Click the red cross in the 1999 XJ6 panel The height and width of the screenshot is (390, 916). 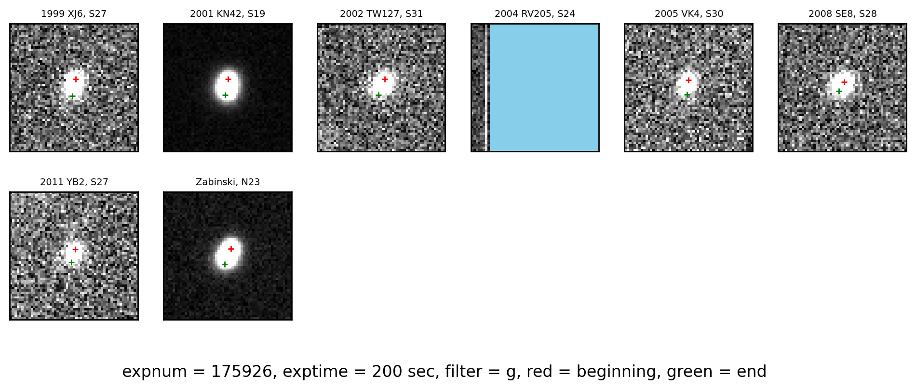[x=76, y=79]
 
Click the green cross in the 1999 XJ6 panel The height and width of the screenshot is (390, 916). [x=72, y=96]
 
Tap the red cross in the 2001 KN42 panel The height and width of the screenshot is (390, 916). [x=228, y=79]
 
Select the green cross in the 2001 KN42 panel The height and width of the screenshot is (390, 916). [x=225, y=95]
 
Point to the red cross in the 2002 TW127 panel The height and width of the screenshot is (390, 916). [x=385, y=79]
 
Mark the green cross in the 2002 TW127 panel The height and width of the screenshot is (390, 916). [x=378, y=95]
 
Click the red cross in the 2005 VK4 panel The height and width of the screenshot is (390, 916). [x=688, y=80]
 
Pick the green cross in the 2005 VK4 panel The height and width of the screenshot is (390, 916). [x=687, y=94]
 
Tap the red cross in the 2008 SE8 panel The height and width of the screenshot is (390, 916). [x=844, y=82]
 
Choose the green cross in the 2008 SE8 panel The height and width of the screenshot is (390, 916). [x=839, y=91]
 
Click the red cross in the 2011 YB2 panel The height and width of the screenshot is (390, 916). [x=75, y=249]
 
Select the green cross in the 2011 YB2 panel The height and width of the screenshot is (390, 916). [x=71, y=262]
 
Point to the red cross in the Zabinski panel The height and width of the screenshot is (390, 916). [x=231, y=249]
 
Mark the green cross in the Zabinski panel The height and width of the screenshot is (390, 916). [x=225, y=264]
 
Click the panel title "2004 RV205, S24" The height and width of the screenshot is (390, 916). [x=535, y=14]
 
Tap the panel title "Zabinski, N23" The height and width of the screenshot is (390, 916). [x=228, y=182]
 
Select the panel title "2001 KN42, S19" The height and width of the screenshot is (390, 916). [x=228, y=14]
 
